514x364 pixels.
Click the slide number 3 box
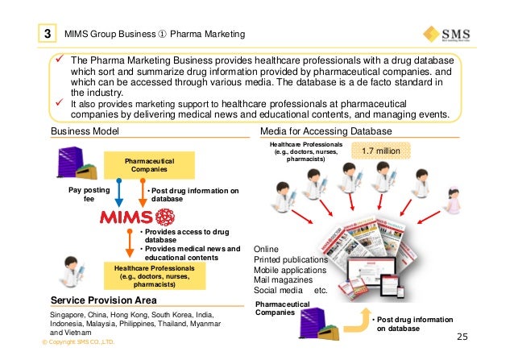pyautogui.click(x=48, y=34)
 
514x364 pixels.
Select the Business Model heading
pyautogui.click(x=85, y=131)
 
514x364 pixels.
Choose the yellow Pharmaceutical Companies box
pyautogui.click(x=144, y=167)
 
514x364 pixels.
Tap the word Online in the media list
pyautogui.click(x=267, y=249)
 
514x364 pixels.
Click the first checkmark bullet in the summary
pyautogui.click(x=59, y=61)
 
